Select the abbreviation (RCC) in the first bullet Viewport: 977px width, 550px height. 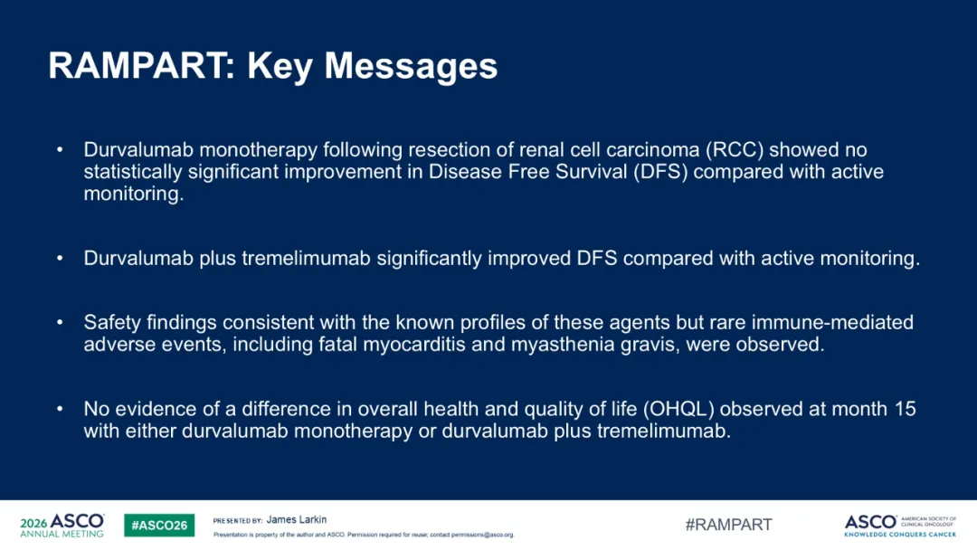click(x=735, y=150)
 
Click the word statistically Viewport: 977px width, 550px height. click(x=133, y=173)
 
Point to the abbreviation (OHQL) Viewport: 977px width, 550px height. click(x=678, y=409)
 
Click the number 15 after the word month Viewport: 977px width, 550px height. click(x=905, y=409)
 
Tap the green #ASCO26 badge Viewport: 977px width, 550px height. click(x=159, y=525)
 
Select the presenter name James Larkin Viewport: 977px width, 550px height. click(x=296, y=519)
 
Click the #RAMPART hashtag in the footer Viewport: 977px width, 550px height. click(x=728, y=525)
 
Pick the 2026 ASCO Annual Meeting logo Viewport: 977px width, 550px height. click(x=62, y=525)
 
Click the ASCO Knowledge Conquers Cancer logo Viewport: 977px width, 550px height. click(x=900, y=526)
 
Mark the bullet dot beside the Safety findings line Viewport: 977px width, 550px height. click(x=60, y=323)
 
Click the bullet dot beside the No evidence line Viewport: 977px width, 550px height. click(x=60, y=409)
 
